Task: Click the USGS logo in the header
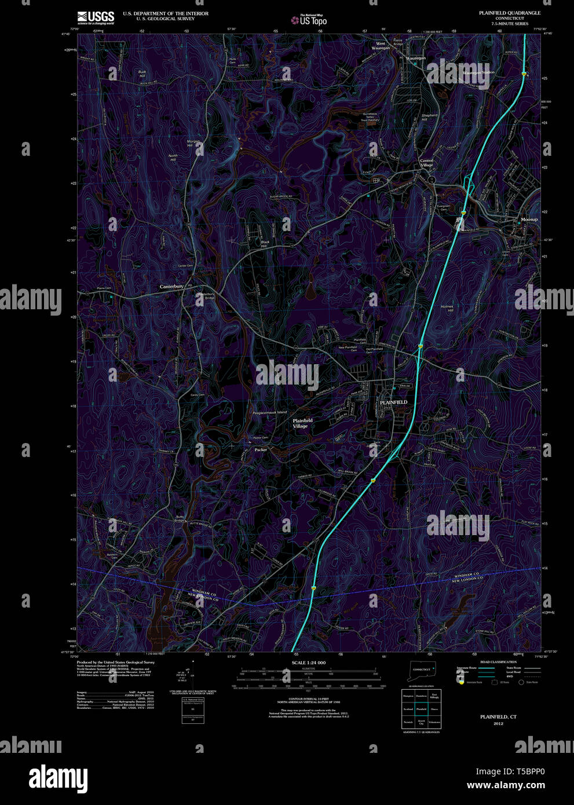tap(96, 17)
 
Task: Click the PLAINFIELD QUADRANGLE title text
tap(509, 13)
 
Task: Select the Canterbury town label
tap(171, 286)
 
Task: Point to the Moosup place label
tap(529, 219)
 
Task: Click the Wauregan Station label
tap(478, 72)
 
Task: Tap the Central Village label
tap(426, 163)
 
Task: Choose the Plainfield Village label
tap(302, 423)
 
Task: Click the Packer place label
tap(261, 449)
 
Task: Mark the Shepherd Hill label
tap(429, 117)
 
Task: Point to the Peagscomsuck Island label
tap(269, 412)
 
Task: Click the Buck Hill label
tap(142, 74)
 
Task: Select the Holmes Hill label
tap(447, 308)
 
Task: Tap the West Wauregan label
tap(380, 46)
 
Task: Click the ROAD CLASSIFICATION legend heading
tap(498, 662)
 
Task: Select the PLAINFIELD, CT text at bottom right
tap(498, 717)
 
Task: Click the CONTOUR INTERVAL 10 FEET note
tap(308, 699)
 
